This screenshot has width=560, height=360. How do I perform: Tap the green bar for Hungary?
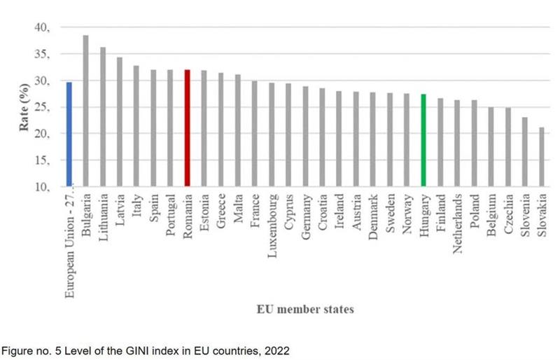[x=423, y=141]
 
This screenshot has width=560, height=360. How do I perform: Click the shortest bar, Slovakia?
[x=542, y=157]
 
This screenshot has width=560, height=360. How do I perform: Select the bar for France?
[x=255, y=134]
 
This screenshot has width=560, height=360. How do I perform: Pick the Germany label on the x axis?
[x=305, y=214]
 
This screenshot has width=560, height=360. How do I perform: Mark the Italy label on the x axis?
[x=136, y=204]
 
